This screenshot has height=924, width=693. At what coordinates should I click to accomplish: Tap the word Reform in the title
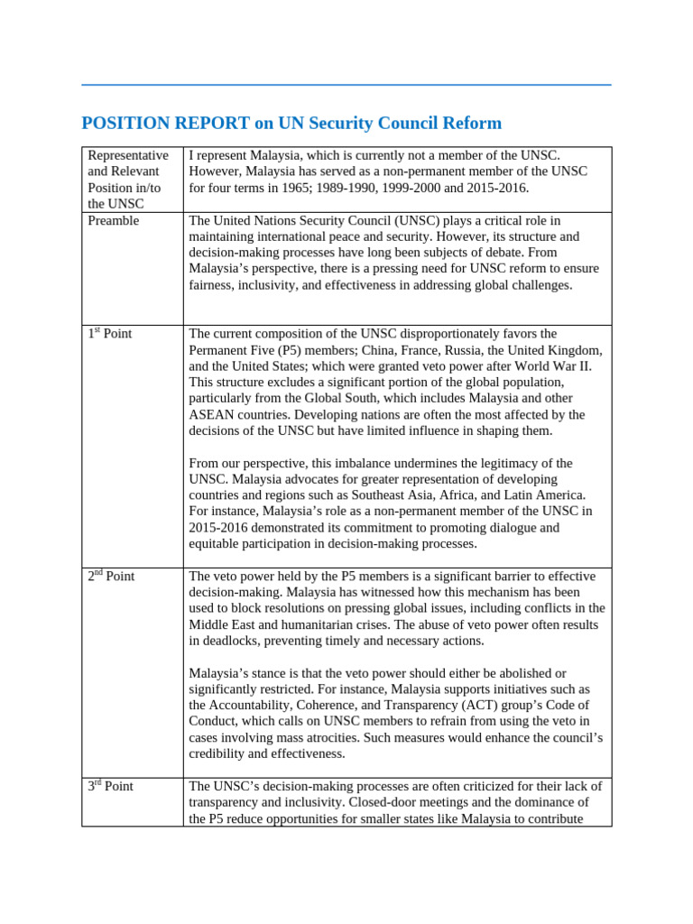471,124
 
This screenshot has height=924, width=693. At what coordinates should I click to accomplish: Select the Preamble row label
114,220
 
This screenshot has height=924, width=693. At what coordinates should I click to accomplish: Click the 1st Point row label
110,334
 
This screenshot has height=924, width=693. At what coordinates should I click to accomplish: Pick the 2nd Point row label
111,577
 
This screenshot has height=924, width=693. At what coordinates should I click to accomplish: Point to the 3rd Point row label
110,787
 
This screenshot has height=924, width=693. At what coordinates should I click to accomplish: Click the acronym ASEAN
214,415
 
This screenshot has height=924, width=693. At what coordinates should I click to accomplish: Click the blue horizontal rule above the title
346,85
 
